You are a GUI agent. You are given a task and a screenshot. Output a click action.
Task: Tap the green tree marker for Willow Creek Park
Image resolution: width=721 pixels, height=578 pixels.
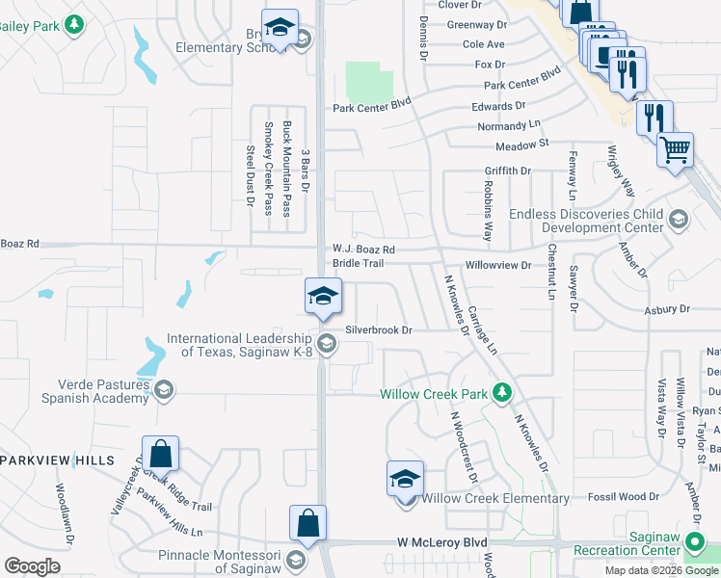click(501, 392)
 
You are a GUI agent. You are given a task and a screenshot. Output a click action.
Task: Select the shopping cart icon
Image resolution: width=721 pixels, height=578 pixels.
click(675, 149)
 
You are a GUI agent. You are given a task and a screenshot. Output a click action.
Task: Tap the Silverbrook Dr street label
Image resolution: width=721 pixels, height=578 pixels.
click(379, 329)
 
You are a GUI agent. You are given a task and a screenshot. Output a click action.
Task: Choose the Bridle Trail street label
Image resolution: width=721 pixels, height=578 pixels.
click(359, 263)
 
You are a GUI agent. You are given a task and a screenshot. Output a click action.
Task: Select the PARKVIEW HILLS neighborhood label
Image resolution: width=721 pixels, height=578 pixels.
click(58, 460)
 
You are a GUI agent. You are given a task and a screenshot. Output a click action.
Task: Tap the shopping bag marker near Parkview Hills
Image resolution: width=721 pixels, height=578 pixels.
click(160, 454)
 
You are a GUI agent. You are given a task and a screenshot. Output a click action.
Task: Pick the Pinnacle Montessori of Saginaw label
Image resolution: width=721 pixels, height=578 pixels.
click(222, 563)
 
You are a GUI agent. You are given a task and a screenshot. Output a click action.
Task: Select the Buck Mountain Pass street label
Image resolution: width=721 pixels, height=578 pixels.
click(286, 170)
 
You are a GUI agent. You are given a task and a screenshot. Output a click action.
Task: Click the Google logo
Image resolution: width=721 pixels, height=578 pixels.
click(32, 566)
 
